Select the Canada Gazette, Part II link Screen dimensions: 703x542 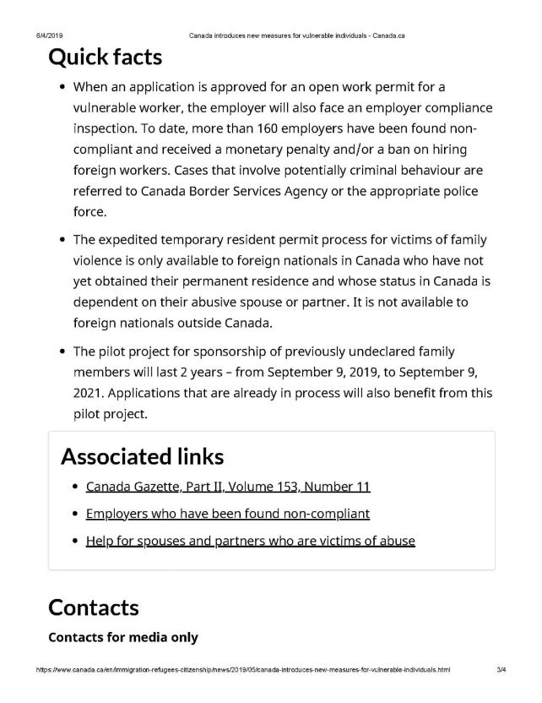(228, 487)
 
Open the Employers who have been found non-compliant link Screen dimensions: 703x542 (227, 514)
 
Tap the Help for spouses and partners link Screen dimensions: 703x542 (250, 541)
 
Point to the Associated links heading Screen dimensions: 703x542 (143, 456)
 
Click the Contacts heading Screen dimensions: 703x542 (94, 607)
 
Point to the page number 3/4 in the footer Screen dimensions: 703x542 (501, 668)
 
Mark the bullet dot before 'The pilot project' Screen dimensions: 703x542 (62, 351)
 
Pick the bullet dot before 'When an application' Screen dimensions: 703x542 (62, 89)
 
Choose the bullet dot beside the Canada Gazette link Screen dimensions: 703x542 (76, 488)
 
